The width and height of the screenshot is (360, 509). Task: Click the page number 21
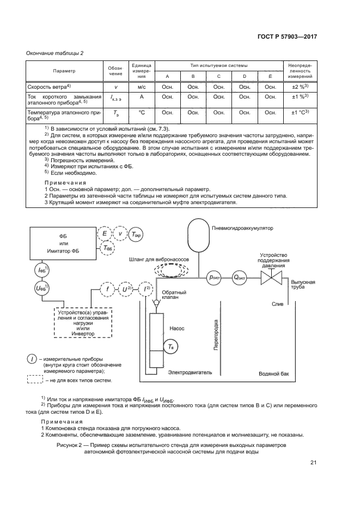coord(313,463)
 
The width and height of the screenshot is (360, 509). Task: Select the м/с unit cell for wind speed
coord(141,87)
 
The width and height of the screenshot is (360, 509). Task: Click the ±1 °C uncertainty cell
coord(298,113)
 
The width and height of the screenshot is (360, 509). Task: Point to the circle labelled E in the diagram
coord(104,234)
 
